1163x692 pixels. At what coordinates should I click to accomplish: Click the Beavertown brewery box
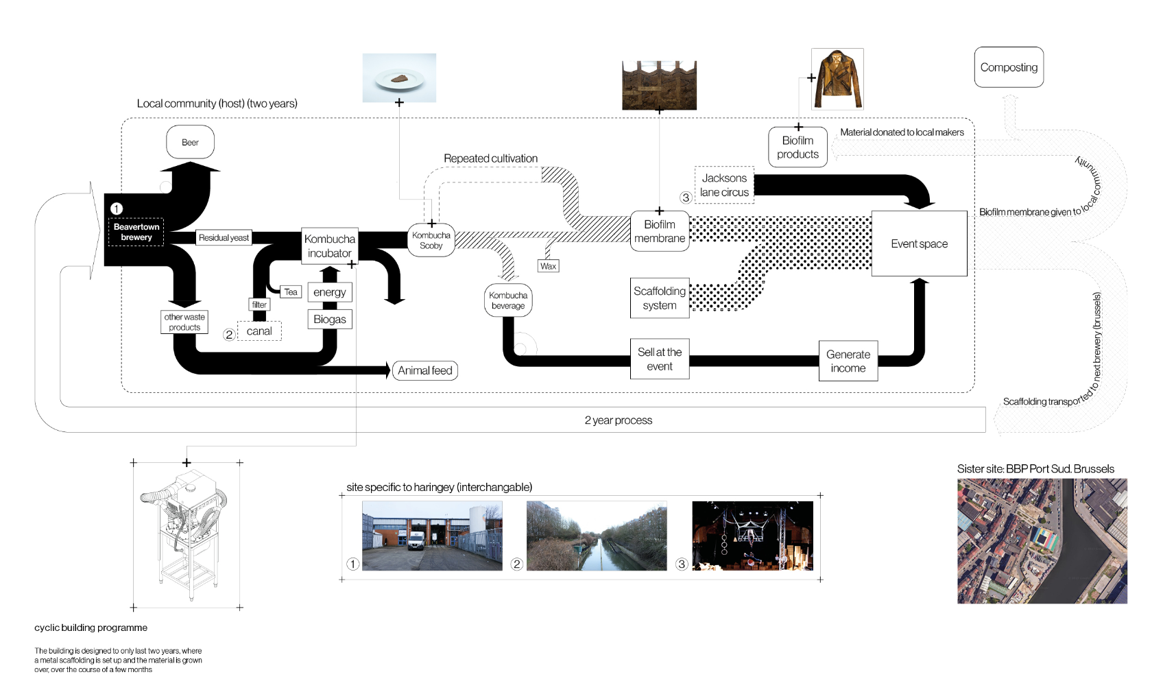(x=136, y=232)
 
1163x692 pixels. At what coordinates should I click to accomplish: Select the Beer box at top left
(x=190, y=142)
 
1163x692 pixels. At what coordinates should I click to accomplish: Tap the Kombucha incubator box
(x=329, y=246)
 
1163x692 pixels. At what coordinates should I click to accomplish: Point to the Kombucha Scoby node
(x=431, y=240)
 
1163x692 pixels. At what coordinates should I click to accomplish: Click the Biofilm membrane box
(x=659, y=231)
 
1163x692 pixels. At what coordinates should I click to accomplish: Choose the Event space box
(x=919, y=243)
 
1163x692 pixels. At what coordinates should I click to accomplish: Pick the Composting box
(x=1008, y=67)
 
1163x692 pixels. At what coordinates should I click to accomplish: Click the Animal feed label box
(x=424, y=370)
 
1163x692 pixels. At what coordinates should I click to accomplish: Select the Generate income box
(x=848, y=361)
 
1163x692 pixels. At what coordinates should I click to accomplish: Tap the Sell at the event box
(x=659, y=359)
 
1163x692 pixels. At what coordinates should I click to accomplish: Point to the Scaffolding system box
(x=659, y=298)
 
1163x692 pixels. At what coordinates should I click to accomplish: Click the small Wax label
(x=548, y=266)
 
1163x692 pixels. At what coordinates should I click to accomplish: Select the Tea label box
(x=291, y=291)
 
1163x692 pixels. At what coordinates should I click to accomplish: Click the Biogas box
(x=329, y=319)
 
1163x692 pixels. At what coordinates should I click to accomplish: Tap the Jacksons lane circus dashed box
(x=723, y=185)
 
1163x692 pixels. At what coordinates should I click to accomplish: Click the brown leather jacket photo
(x=837, y=79)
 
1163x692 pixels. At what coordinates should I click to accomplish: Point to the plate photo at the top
(x=399, y=77)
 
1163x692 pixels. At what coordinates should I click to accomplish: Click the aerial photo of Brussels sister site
(x=1042, y=541)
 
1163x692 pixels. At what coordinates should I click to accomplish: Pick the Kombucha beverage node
(x=507, y=300)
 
